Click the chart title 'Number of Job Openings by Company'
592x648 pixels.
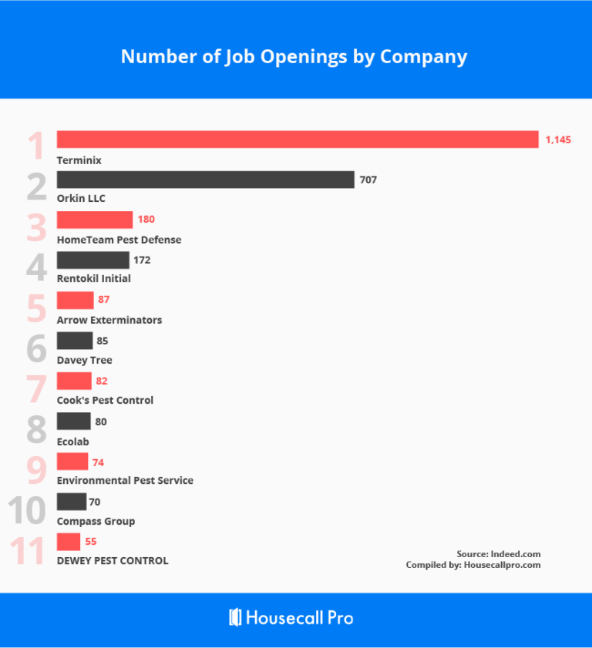coord(294,57)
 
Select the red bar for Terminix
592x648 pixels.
coord(298,139)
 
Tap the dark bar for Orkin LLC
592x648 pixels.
coord(205,180)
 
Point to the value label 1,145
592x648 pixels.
coord(558,139)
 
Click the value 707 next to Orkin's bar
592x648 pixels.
coord(368,180)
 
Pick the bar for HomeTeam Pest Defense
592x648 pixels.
coord(95,220)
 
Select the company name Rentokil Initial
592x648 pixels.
coord(94,278)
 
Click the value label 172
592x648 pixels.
coord(141,260)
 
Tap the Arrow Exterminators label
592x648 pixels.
coord(109,320)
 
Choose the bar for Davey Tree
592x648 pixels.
coord(75,341)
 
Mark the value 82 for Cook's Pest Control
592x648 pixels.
coord(102,381)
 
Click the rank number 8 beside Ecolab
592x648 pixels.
coord(36,429)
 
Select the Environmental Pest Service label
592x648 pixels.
coord(125,480)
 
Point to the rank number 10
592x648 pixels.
coord(30,511)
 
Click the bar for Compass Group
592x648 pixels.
coord(72,502)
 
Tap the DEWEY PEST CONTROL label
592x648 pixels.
coord(113,561)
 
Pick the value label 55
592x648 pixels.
coord(91,542)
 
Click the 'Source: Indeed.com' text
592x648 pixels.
coord(498,554)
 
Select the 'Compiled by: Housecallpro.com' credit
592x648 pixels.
coord(473,565)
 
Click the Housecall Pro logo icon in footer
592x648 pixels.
coord(236,617)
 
